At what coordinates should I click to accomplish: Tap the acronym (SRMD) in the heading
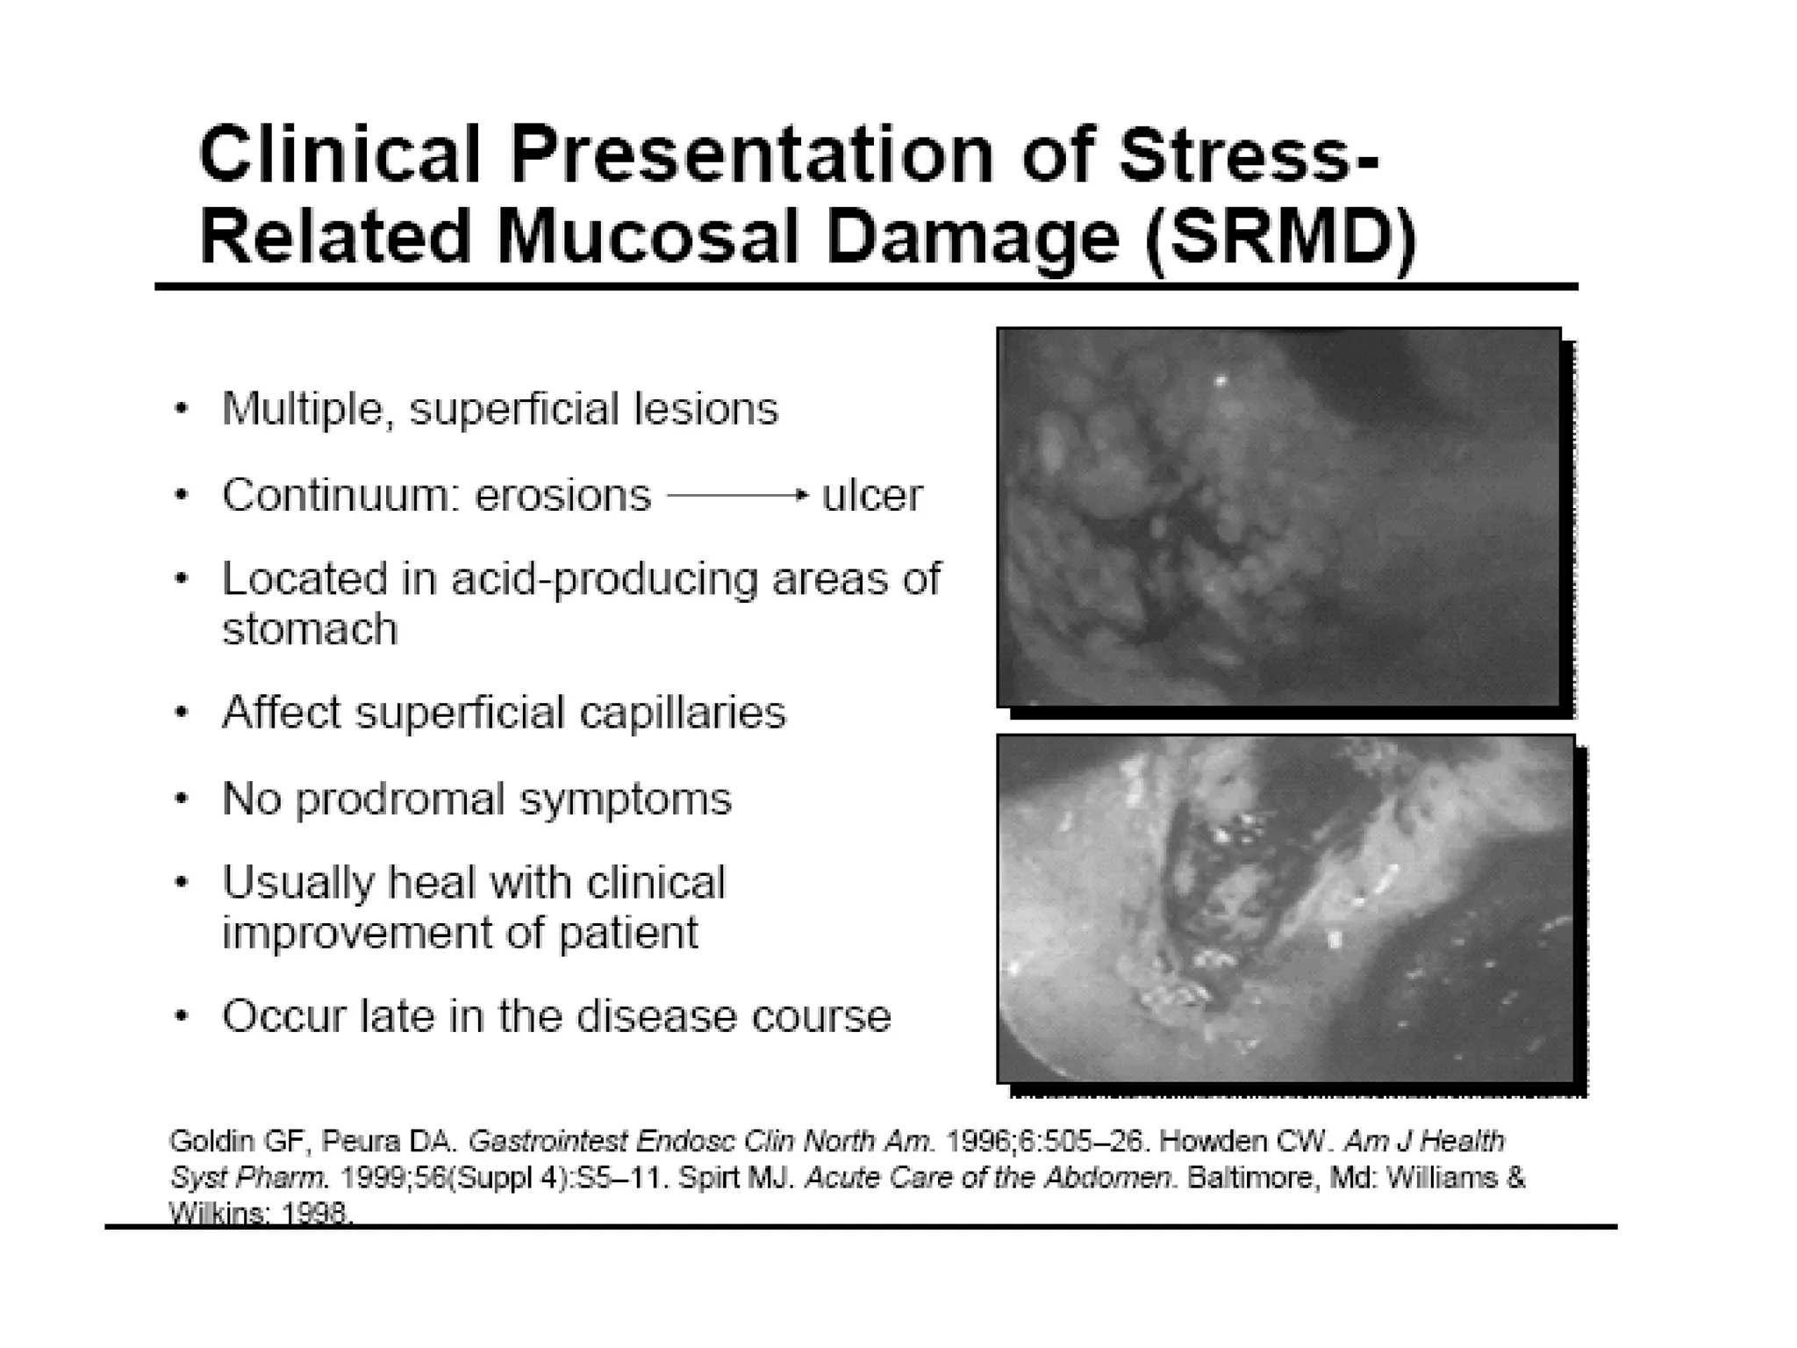click(x=1280, y=238)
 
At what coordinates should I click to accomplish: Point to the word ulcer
click(x=871, y=495)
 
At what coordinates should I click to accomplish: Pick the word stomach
click(x=310, y=628)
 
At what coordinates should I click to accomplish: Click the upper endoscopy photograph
click(x=1278, y=517)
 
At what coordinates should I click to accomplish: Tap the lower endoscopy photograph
click(x=1285, y=909)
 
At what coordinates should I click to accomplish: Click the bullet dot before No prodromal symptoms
click(x=181, y=799)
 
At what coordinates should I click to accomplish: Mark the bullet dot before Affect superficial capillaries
click(x=181, y=713)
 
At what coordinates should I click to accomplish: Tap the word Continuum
click(x=340, y=496)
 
